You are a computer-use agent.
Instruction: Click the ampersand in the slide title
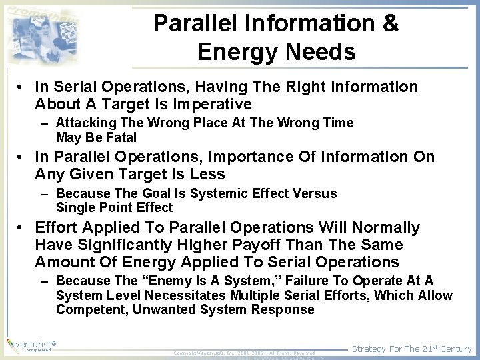pos(389,23)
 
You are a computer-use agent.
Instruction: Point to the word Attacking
pos(85,123)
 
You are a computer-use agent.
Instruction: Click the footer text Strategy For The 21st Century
pos(411,349)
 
